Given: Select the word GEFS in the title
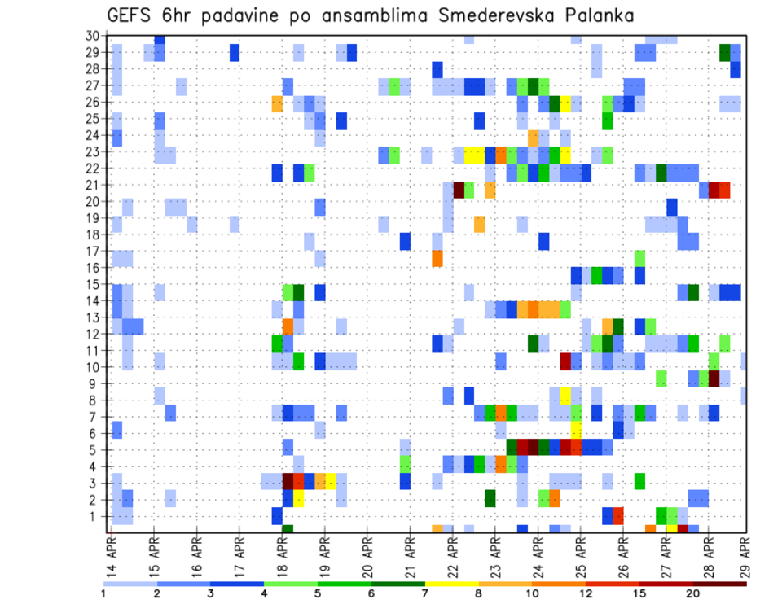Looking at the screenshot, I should (133, 15).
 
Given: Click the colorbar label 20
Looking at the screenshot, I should (693, 593).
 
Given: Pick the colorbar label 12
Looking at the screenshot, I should (586, 593).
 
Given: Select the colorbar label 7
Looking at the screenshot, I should (424, 593).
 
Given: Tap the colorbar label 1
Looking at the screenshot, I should (103, 593).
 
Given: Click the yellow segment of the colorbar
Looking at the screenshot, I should (452, 584).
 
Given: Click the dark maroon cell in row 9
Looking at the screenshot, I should (714, 379).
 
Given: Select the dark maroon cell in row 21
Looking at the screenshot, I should (459, 190).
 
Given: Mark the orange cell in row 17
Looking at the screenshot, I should (437, 258).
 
